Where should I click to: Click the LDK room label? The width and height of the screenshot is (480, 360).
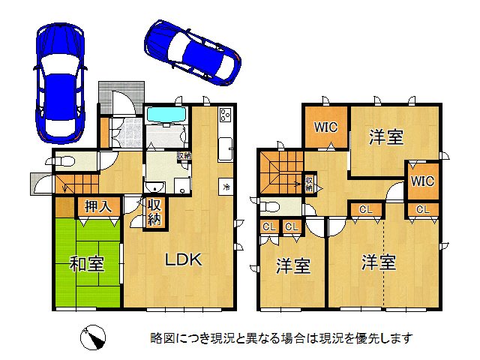click(x=184, y=260)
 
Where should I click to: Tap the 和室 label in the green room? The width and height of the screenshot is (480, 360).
click(x=86, y=263)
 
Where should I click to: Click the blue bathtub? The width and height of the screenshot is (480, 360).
click(x=166, y=115)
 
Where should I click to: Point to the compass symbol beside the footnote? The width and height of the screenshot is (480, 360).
click(x=92, y=337)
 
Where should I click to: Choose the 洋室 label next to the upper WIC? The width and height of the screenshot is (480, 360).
click(x=386, y=137)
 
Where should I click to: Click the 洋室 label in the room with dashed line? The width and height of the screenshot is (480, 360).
click(x=379, y=263)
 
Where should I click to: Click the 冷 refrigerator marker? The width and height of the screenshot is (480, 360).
click(x=226, y=185)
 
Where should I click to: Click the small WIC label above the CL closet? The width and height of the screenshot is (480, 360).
click(x=422, y=181)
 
